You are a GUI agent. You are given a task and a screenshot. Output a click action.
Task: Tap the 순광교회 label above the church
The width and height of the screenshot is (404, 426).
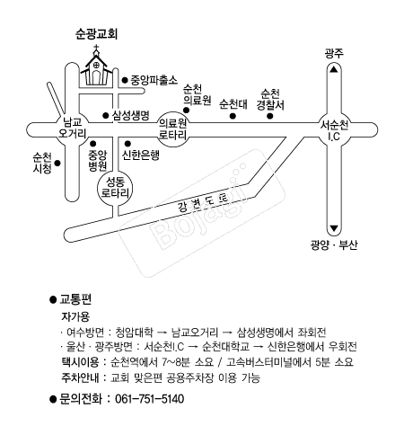96,34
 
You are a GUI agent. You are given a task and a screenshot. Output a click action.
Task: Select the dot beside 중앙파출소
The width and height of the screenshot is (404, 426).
125,80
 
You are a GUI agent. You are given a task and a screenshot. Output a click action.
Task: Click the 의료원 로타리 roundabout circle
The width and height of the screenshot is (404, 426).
173,129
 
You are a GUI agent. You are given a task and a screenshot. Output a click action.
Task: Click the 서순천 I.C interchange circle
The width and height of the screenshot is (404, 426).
334,129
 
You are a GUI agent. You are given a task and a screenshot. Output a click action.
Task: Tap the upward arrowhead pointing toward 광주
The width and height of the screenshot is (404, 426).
334,69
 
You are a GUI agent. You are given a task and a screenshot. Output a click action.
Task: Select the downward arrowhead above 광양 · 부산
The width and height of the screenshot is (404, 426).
334,229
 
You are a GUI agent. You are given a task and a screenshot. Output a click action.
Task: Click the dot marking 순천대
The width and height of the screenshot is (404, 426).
233,116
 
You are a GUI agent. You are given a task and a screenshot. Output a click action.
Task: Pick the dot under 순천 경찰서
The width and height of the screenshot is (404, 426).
270,116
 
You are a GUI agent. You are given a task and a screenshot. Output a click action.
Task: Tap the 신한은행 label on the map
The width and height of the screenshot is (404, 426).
141,155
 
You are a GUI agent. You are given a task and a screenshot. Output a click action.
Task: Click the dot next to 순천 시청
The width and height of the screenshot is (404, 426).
57,164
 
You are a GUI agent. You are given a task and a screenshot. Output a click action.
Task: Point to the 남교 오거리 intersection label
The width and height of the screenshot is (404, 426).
72,128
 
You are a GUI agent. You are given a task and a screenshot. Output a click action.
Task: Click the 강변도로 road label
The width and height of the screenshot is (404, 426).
203,203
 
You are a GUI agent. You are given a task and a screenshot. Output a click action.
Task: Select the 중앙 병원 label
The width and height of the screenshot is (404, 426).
98,160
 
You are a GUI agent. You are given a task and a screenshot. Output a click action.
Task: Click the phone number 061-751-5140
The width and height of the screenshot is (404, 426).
150,399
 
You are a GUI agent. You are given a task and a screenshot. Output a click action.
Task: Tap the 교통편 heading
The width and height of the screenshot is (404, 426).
75,299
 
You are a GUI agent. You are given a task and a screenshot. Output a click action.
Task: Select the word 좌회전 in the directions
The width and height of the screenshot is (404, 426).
312,332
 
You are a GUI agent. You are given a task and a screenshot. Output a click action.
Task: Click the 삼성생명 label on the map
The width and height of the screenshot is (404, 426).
131,115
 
